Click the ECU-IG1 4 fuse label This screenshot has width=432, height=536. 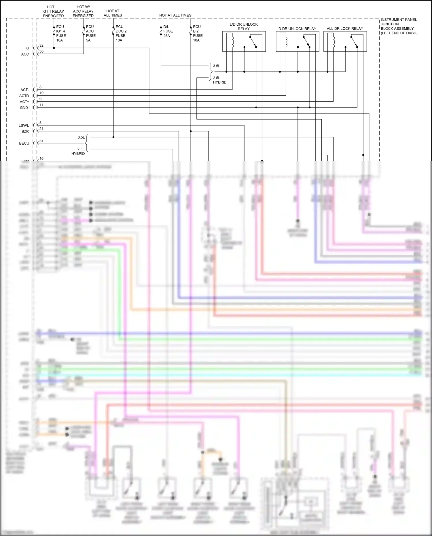pos(61,33)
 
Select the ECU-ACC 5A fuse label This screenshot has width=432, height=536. pos(91,33)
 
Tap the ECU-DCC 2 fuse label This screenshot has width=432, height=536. pos(121,33)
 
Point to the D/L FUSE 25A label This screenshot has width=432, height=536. pos(168,31)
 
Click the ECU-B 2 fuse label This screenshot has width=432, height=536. pos(198,33)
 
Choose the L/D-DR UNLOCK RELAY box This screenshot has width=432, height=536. pos(244,41)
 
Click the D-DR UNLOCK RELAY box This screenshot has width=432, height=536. pos(297,41)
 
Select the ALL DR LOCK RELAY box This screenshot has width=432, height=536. pos(345,41)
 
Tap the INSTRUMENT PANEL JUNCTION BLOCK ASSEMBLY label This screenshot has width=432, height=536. pos(399,26)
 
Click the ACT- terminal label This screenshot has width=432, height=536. pos(24,90)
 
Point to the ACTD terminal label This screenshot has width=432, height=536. pos(24,96)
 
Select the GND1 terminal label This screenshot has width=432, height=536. pos(25,108)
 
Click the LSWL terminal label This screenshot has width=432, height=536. pos(24,126)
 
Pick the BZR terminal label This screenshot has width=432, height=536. pos(25,131)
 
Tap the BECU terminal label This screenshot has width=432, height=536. pos(24,143)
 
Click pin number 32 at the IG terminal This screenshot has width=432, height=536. pos(41,46)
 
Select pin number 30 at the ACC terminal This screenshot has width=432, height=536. pos(41,51)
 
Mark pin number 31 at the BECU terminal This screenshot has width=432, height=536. pos(41,141)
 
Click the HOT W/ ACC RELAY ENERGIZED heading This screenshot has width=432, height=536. pos(83,11)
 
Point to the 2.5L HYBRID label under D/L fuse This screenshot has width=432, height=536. pos(219,80)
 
